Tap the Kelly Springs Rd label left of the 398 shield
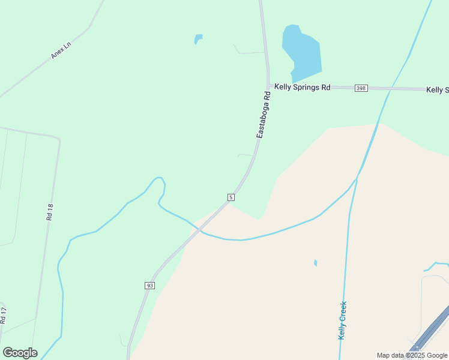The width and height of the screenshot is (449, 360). (x=303, y=87)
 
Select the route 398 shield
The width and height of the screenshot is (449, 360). (x=360, y=88)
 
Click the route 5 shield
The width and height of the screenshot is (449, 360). (x=231, y=197)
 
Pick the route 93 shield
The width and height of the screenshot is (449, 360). (x=149, y=286)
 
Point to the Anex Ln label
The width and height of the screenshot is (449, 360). (x=61, y=50)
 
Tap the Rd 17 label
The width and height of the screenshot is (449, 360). (x=4, y=316)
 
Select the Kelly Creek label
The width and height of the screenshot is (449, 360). (x=343, y=320)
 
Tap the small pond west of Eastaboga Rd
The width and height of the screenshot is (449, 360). (x=198, y=39)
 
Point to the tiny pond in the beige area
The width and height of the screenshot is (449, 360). (x=315, y=263)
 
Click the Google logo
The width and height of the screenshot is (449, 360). (x=20, y=353)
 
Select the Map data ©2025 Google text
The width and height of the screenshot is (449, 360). (x=412, y=355)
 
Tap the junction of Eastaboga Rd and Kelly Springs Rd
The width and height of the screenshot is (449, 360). (x=268, y=86)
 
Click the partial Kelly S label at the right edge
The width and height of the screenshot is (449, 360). (x=437, y=90)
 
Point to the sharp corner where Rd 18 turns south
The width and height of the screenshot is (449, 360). (x=59, y=140)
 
